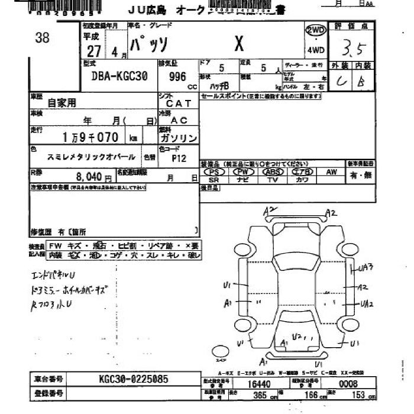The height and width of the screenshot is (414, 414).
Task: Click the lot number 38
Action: click(43, 38)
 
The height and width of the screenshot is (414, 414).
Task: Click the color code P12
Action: click(178, 159)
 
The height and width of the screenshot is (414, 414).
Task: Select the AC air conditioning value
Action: click(179, 120)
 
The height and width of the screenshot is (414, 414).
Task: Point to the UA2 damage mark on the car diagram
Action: click(366, 304)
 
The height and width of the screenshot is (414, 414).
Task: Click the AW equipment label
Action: click(331, 172)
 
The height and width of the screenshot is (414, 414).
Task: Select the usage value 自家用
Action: click(62, 102)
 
